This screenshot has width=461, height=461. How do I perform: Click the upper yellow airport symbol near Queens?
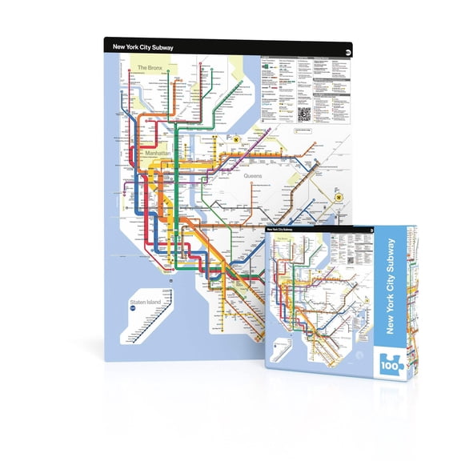pos(237,137)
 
